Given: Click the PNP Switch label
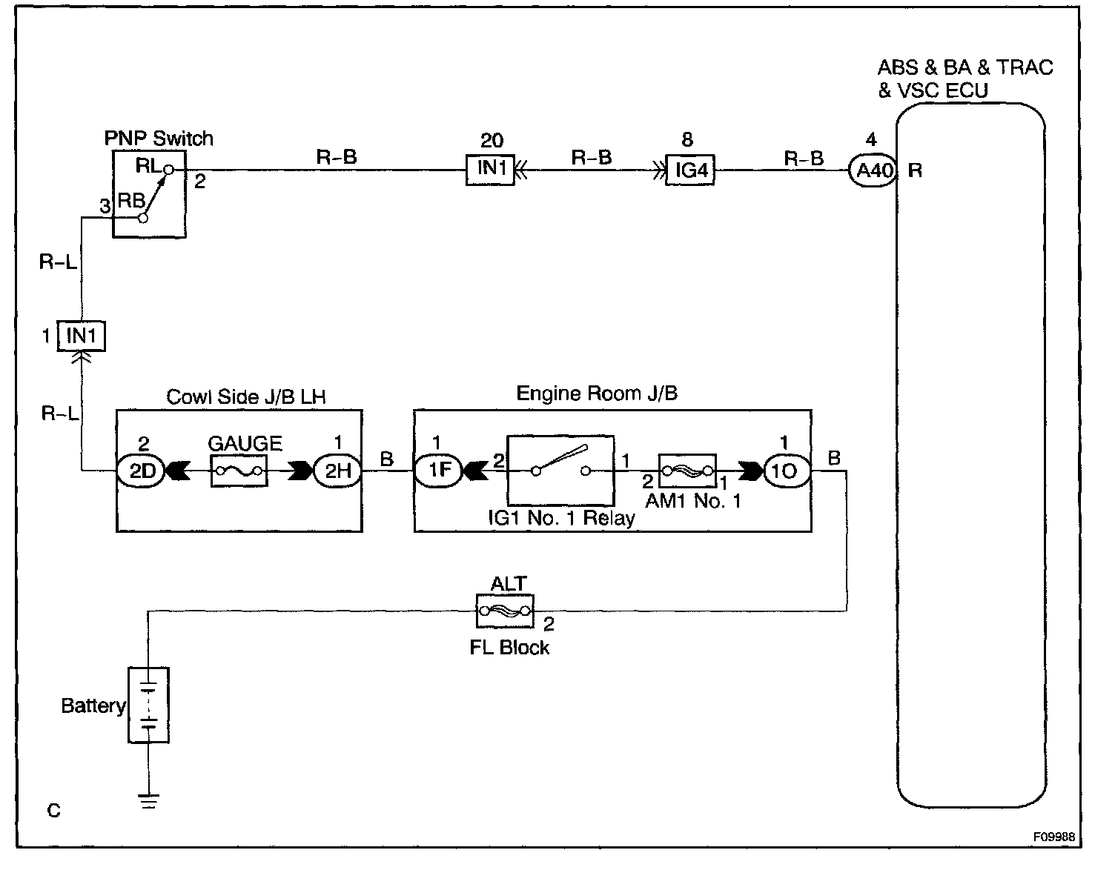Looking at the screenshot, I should [159, 139].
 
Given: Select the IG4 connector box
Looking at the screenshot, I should [690, 170].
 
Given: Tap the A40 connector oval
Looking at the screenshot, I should [873, 170].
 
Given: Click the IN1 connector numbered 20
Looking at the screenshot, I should [490, 170].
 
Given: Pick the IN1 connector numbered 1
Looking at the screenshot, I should [82, 336].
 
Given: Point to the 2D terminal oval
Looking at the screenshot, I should [142, 471].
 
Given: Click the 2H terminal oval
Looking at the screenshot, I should [338, 471].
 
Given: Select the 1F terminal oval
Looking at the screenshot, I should [437, 471].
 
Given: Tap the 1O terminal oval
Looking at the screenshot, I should [785, 471].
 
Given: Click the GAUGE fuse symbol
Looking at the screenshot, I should [239, 471].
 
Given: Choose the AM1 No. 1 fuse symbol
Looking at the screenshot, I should [687, 470].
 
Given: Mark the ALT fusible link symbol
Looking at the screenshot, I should [505, 611].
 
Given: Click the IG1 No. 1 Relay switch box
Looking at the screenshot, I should [560, 470].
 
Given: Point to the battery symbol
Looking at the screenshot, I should [149, 705].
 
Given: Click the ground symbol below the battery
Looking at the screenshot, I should [149, 800].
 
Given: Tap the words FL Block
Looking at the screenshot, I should [509, 648].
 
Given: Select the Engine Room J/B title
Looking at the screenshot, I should [597, 394].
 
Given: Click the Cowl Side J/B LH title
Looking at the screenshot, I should [246, 396].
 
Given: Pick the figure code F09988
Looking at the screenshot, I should [1056, 836].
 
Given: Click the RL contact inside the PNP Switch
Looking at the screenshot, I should [168, 170].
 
